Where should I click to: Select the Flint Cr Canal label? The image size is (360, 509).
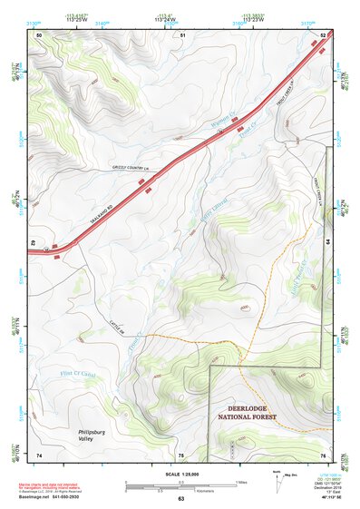coord(64,370)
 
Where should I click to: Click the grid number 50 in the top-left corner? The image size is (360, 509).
coord(39,34)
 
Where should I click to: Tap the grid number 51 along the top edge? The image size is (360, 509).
coord(182,34)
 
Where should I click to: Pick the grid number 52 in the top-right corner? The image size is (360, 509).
coord(324,34)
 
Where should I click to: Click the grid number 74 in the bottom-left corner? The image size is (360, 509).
coord(39,455)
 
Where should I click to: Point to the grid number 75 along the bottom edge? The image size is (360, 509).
coord(180,455)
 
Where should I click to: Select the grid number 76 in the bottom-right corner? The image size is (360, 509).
coord(323,455)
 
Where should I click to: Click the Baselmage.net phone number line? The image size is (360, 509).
coord(59,497)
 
